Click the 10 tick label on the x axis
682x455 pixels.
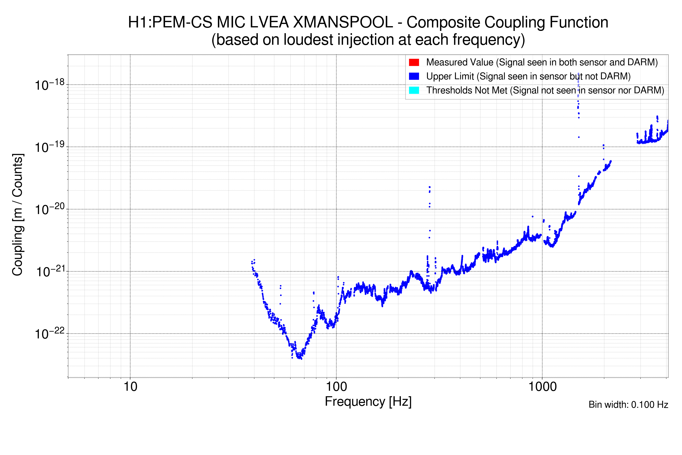point(130,387)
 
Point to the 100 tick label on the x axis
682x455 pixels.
point(336,387)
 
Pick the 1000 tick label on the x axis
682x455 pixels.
point(542,387)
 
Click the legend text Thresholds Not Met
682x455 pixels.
point(467,90)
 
